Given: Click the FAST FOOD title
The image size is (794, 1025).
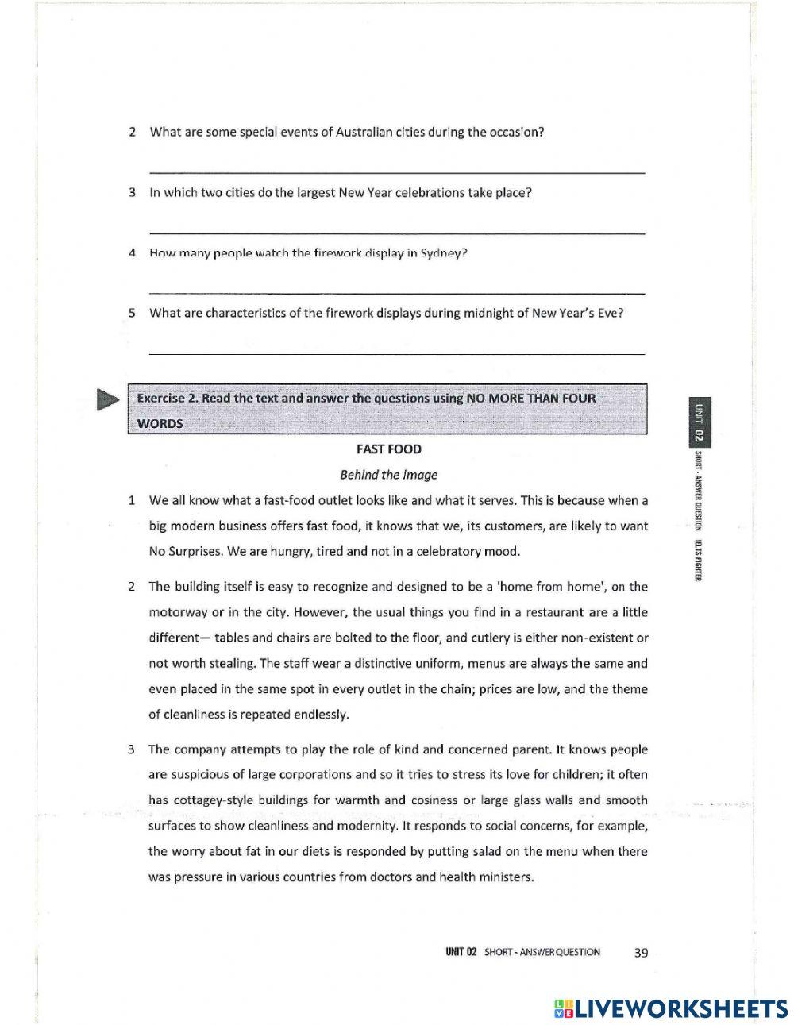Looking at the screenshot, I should [x=388, y=449].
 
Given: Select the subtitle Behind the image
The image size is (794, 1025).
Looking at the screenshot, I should [x=388, y=475].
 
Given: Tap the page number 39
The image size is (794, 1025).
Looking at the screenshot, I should [x=641, y=952].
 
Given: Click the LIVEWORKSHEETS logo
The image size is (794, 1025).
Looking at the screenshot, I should [x=671, y=1008].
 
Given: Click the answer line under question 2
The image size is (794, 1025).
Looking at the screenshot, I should [x=397, y=172].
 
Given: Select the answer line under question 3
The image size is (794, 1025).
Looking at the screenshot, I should [x=397, y=233].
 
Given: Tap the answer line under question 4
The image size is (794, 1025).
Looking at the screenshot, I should [x=397, y=293].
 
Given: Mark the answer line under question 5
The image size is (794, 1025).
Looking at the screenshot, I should [x=397, y=353].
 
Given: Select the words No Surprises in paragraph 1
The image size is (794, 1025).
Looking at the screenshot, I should [x=184, y=551].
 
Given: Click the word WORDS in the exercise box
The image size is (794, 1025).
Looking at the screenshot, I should [x=160, y=423].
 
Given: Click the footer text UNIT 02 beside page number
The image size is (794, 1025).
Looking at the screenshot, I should [x=461, y=952].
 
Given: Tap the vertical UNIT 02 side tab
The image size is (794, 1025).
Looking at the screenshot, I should [x=699, y=421].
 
